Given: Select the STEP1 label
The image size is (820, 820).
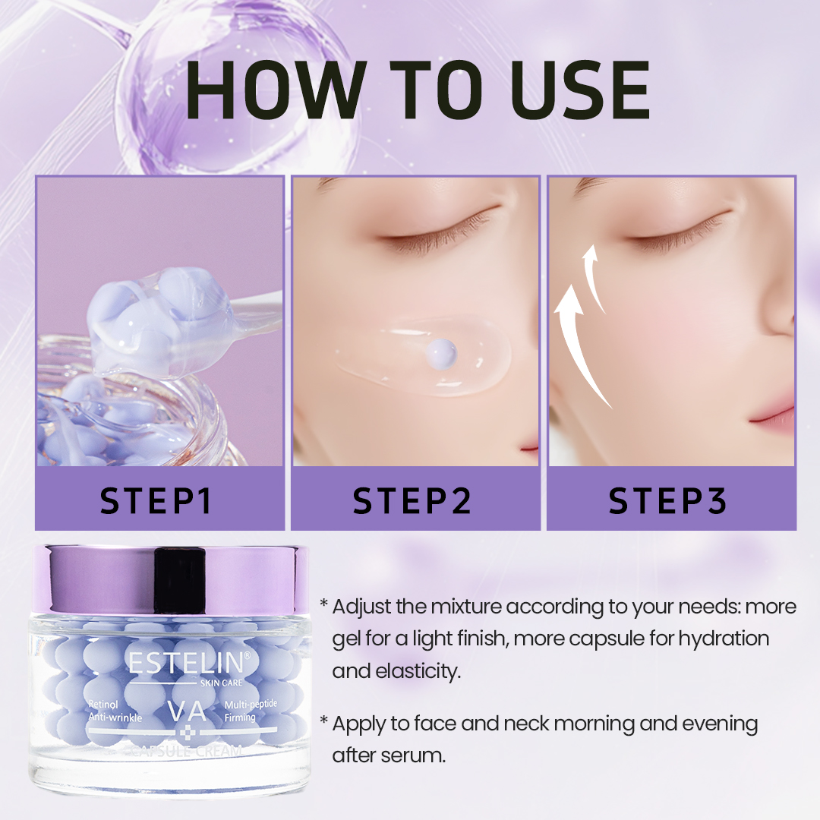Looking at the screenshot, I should tap(159, 500).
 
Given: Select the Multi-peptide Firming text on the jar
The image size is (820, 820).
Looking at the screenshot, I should tap(251, 711).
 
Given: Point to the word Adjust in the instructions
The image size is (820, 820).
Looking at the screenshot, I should tap(359, 607).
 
